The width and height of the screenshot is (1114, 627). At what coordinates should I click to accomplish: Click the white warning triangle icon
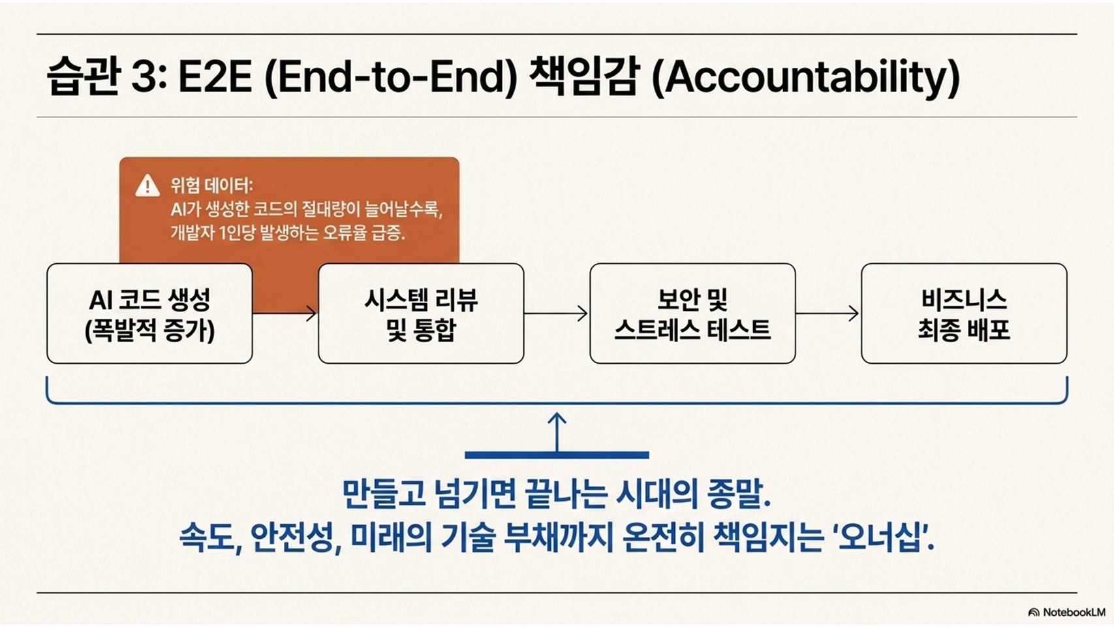(147, 186)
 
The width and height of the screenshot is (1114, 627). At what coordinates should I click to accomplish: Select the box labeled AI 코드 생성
(149, 313)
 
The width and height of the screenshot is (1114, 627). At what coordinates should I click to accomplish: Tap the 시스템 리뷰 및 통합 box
(421, 313)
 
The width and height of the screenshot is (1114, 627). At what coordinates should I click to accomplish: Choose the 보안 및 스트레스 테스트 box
(692, 313)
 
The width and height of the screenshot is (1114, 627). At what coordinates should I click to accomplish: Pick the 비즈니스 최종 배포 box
(964, 313)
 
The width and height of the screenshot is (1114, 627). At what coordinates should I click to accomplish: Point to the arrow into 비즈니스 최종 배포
(828, 313)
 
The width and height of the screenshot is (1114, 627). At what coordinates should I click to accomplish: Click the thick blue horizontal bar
(557, 455)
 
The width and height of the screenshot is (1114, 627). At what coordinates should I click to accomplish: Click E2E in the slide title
(215, 78)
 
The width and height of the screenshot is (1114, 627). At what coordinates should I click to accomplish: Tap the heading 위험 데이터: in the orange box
(212, 185)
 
